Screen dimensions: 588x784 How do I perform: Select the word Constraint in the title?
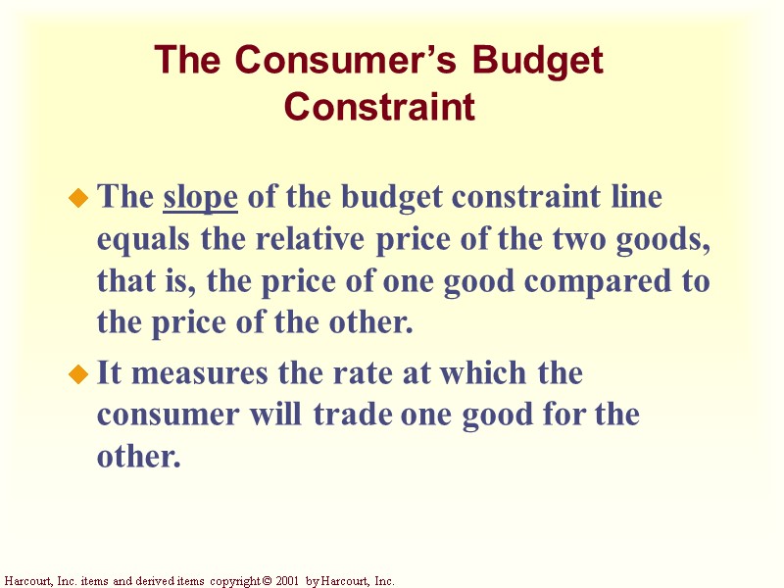379,106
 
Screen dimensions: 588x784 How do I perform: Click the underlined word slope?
200,198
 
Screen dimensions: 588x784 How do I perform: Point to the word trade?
355,415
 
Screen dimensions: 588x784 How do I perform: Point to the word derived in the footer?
139,581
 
